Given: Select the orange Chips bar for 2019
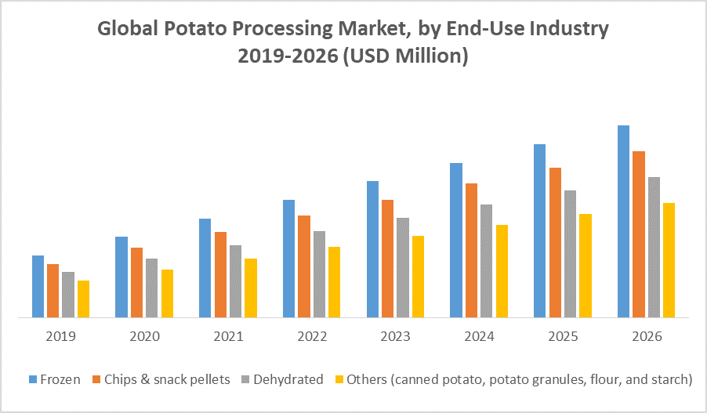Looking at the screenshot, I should (x=53, y=291).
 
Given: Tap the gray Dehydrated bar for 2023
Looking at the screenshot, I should (x=403, y=267).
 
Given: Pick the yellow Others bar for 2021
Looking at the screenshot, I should (x=251, y=288).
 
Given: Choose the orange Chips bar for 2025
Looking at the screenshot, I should (x=555, y=242).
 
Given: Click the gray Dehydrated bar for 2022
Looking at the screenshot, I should (x=319, y=274).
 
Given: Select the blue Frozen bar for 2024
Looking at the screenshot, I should (x=456, y=240).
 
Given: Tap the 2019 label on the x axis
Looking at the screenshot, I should (x=60, y=337).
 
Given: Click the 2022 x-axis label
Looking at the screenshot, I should (x=312, y=337).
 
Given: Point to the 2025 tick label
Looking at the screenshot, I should (x=563, y=337).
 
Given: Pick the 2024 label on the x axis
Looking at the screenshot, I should (x=479, y=337).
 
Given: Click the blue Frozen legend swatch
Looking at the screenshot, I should (x=34, y=380).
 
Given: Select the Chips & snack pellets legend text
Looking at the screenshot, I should (x=166, y=379).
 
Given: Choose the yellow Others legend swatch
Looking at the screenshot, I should (x=339, y=380).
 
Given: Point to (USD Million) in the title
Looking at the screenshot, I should (x=407, y=56).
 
